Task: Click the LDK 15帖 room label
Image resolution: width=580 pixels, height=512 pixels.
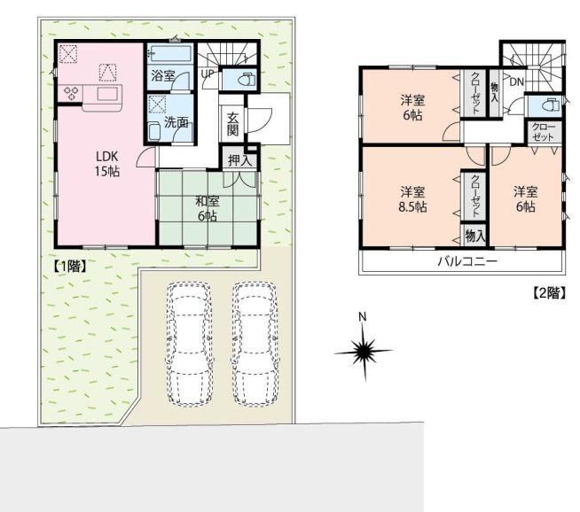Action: [107, 164]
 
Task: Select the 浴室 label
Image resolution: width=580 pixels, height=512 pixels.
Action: [161, 78]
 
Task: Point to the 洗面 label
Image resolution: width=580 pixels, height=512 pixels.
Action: [176, 123]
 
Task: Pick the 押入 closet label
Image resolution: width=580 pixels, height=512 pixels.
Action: [239, 160]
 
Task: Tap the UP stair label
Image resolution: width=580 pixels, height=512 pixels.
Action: [207, 74]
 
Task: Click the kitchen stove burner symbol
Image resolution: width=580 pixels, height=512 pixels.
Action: [70, 92]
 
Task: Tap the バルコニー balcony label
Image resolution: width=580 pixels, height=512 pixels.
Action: [466, 262]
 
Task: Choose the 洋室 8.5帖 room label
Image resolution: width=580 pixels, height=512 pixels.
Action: [412, 199]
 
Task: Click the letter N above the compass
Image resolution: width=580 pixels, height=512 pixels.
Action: [361, 317]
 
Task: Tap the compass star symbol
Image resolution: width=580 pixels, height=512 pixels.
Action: [362, 353]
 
